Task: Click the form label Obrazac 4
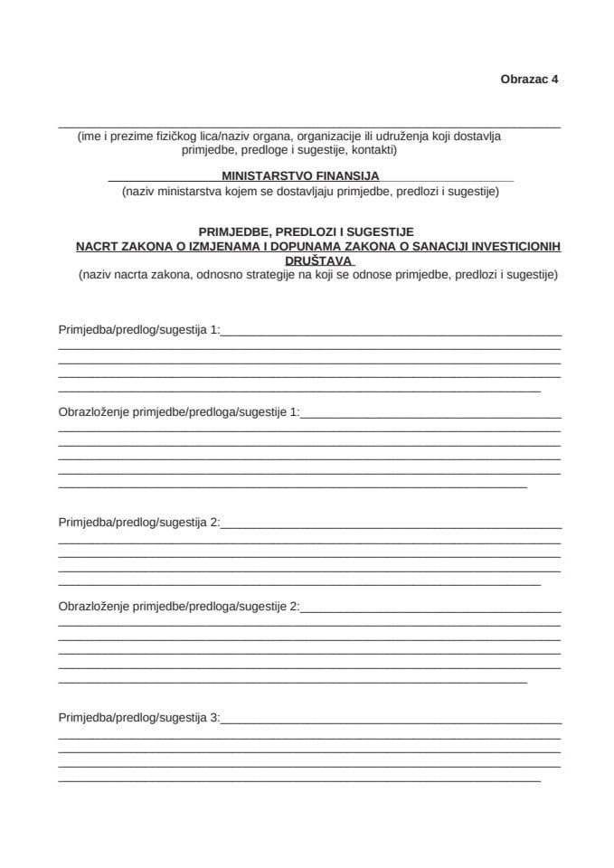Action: [529, 79]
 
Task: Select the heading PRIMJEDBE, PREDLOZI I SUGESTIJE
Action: [306, 232]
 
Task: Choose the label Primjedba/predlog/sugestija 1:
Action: [139, 330]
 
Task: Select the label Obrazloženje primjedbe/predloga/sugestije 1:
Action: [178, 412]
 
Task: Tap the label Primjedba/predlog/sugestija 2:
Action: [139, 523]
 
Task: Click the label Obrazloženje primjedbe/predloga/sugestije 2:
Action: [178, 606]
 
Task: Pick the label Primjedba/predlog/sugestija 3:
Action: [139, 719]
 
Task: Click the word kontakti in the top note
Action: [373, 150]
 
